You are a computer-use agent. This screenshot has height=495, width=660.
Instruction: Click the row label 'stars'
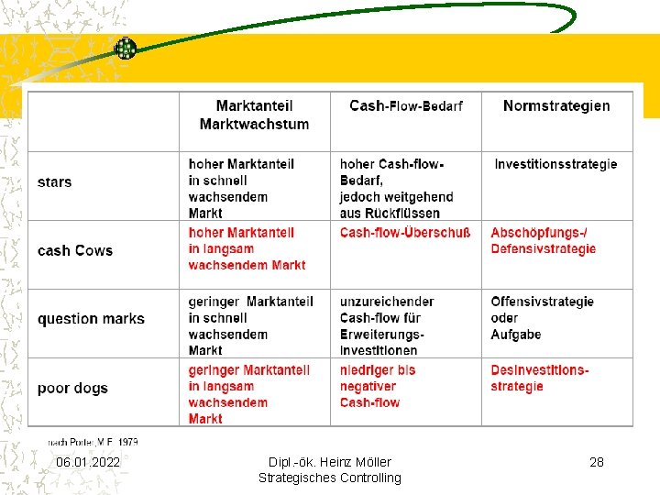coord(54,181)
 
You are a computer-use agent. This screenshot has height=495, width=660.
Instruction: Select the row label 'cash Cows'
coord(75,250)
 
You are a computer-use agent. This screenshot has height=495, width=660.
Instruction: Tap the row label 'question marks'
coord(91,319)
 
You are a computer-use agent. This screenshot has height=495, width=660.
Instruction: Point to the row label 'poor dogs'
coord(72,388)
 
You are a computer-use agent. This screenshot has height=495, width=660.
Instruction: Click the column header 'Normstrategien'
coord(555,106)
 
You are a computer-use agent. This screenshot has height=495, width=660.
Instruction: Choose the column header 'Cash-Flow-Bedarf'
coord(405,106)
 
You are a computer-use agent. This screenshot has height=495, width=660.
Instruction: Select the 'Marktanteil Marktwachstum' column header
coord(254,115)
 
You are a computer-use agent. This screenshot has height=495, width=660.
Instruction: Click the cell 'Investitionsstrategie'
coord(555,164)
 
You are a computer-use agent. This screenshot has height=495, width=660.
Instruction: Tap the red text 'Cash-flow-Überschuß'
coord(404,233)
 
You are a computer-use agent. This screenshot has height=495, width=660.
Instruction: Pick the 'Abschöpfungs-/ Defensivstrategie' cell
coord(543,241)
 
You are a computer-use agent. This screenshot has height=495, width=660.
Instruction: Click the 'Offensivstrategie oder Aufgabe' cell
coord(542,318)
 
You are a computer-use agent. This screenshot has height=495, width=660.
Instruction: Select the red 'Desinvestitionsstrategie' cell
coord(540,379)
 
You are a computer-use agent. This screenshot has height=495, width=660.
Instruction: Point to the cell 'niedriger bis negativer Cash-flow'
coord(378,386)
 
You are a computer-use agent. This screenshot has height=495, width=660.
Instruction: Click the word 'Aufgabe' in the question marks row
coord(516,335)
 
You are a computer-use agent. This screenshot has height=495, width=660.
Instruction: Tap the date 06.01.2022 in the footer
coord(88,462)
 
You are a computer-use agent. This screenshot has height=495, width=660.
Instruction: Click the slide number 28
coord(596,462)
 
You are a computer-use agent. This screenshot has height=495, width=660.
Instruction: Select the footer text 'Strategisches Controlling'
coord(329,478)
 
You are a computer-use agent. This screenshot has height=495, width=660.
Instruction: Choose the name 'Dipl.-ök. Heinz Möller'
coord(329,462)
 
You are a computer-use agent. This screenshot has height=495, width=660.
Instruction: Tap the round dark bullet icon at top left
coord(125,49)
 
